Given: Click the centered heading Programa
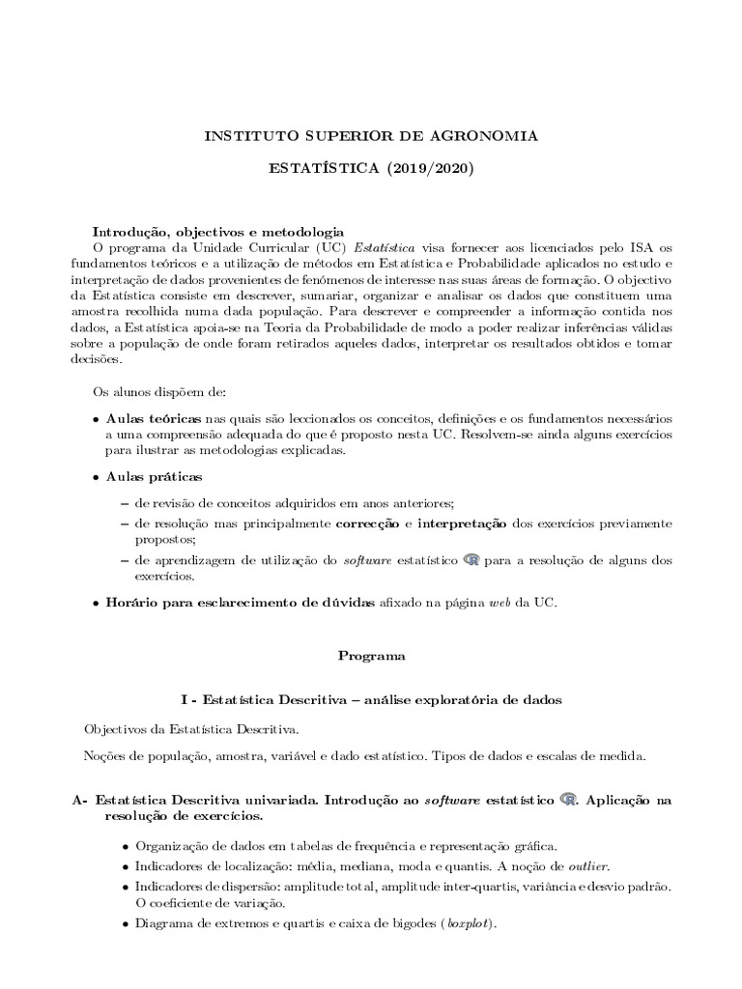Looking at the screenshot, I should pos(372,655).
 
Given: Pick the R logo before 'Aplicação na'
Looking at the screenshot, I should pos(569,800).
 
